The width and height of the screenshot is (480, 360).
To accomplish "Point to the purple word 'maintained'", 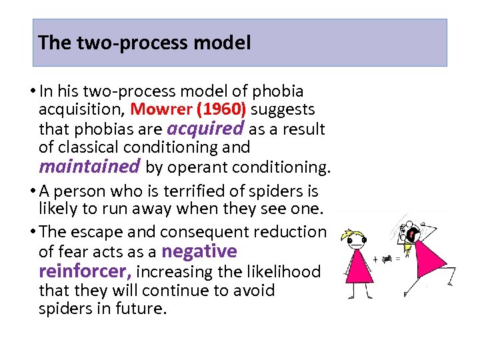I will tap(89, 165).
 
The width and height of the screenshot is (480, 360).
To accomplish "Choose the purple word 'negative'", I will tap(199, 251).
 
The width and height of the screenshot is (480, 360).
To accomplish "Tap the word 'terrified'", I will tap(204, 192).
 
